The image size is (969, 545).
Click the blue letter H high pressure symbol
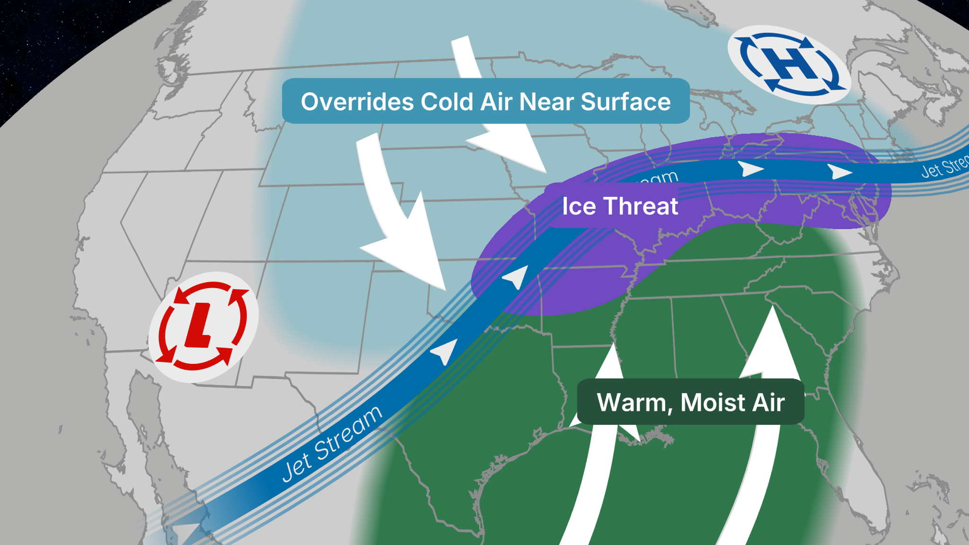pyautogui.click(x=789, y=64)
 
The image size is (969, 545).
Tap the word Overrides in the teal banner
pyautogui.click(x=356, y=102)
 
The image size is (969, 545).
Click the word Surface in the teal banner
pyautogui.click(x=625, y=102)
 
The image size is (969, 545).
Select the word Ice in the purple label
pyautogui.click(x=578, y=206)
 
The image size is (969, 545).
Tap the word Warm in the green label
pyautogui.click(x=631, y=403)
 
